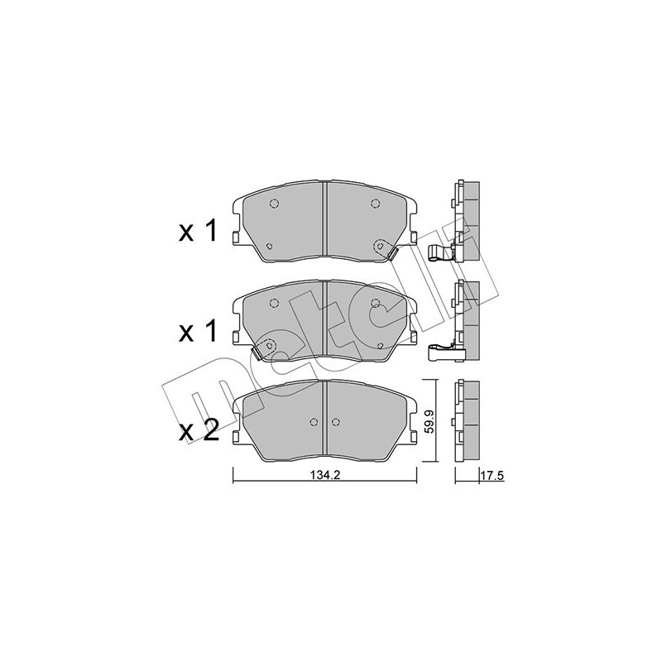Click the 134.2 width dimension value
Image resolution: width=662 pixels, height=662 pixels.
click(x=325, y=475)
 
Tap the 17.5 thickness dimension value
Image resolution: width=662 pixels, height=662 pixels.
click(x=492, y=477)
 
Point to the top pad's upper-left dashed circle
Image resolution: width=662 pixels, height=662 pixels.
click(x=274, y=204)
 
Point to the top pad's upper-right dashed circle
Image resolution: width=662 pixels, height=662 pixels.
click(x=375, y=204)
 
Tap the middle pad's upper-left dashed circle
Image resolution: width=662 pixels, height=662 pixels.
click(x=274, y=303)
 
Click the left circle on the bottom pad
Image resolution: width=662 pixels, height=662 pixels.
click(x=314, y=422)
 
